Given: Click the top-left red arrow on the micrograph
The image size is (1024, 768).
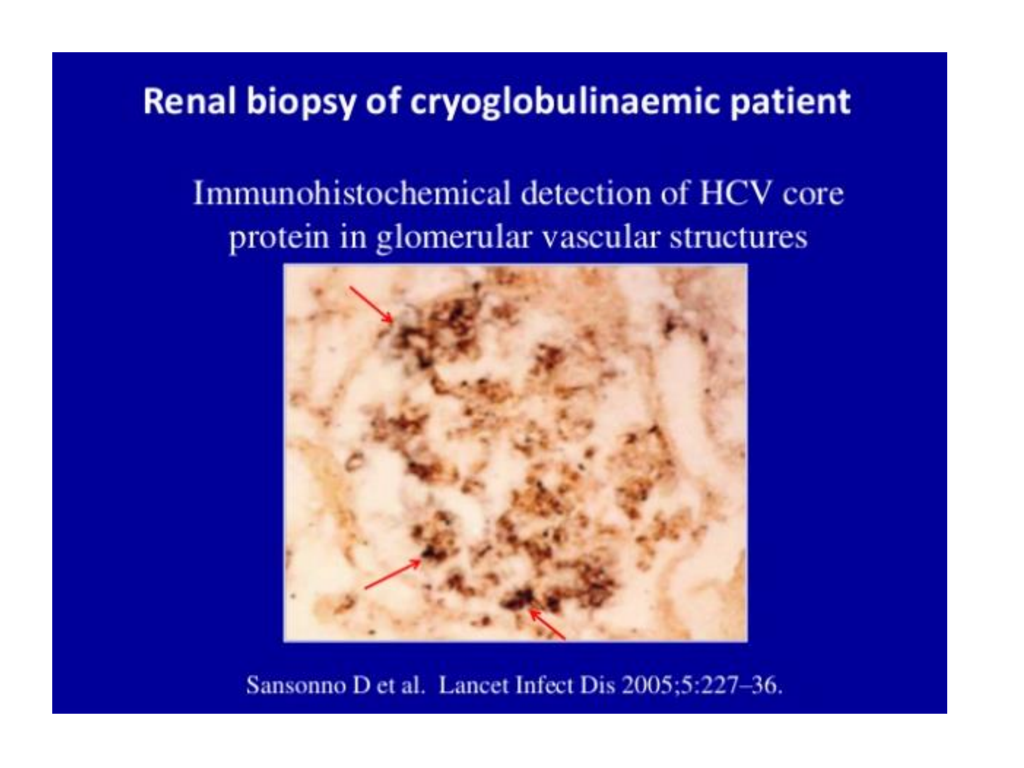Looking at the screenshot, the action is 372,305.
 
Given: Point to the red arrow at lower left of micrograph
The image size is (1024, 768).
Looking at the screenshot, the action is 393,574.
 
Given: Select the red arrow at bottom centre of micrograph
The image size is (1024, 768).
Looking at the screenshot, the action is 547,624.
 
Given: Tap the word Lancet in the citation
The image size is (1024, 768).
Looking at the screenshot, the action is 474,685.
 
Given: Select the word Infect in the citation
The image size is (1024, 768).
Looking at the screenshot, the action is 544,685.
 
